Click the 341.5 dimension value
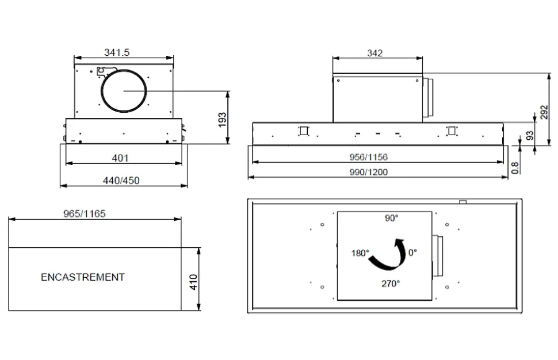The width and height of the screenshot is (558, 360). (x=117, y=53)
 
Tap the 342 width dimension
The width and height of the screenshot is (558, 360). (x=374, y=53)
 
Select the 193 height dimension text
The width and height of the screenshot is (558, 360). (x=223, y=120)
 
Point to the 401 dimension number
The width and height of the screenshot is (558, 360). (x=120, y=158)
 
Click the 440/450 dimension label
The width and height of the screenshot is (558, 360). (x=121, y=181)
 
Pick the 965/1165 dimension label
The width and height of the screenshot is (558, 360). (x=85, y=214)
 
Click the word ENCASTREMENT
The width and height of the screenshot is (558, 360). (x=83, y=277)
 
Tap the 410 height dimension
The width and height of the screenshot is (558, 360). (x=193, y=282)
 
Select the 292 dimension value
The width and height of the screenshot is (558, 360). (x=544, y=112)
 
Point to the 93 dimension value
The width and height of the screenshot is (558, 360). (x=530, y=136)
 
